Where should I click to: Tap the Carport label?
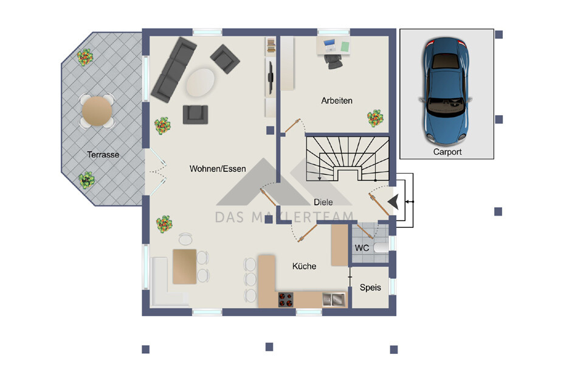click(447, 152)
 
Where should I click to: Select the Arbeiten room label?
click(337, 100)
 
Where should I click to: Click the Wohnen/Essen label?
click(218, 169)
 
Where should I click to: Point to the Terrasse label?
click(103, 155)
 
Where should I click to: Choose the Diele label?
click(323, 202)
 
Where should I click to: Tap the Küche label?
click(304, 266)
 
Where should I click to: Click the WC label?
click(362, 248)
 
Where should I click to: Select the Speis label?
click(370, 287)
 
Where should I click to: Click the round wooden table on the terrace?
click(97, 111)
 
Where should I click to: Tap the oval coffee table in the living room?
click(201, 82)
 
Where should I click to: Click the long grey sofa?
click(173, 69)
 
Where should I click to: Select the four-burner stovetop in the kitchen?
click(286, 300)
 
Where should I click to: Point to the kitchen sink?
click(334, 300)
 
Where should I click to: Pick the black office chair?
click(333, 61)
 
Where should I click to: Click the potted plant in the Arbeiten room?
click(375, 118)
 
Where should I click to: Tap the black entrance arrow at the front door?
click(394, 202)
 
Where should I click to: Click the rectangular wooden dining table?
click(184, 267)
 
